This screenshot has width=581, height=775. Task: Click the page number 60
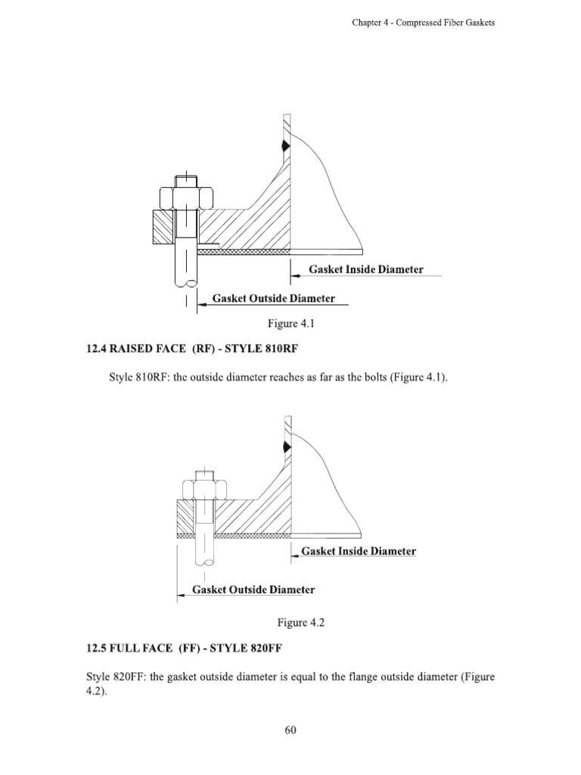coord(290,730)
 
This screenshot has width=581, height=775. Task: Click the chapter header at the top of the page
coord(423,23)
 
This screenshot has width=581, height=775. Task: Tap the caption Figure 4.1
coord(290,324)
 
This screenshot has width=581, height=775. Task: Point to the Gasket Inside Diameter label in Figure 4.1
coord(365,269)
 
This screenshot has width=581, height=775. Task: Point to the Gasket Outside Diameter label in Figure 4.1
coord(273,298)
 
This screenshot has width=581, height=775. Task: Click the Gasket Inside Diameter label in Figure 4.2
coord(359,551)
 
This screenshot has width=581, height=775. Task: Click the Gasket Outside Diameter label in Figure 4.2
coord(253,590)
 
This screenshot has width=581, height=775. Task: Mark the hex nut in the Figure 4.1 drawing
coord(185,199)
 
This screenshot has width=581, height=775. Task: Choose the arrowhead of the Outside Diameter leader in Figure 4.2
coord(180,595)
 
